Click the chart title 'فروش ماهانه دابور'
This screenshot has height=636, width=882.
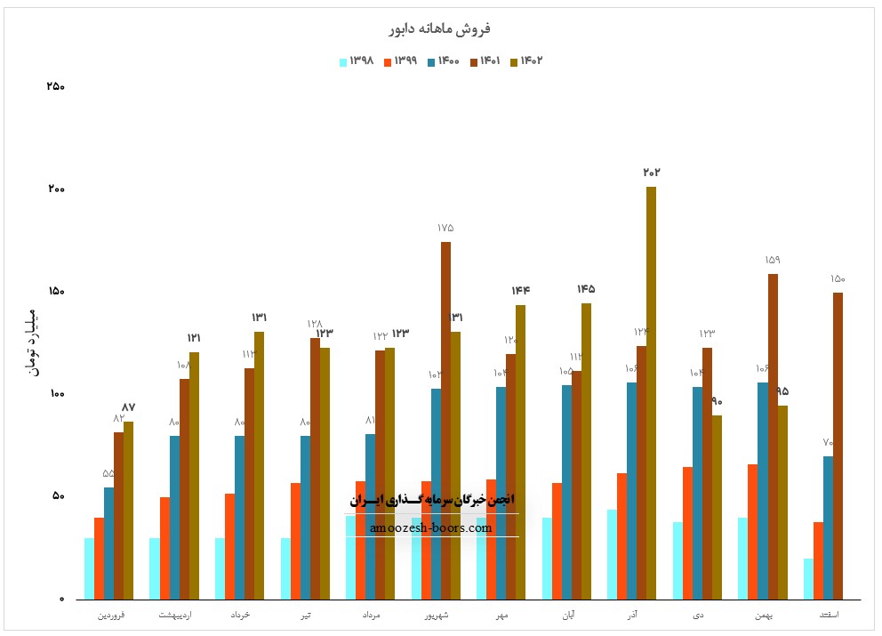[x=441, y=28]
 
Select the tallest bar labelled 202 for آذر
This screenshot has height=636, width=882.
[x=651, y=391]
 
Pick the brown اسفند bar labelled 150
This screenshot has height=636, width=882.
[x=838, y=445]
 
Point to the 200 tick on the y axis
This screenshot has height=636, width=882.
[x=55, y=189]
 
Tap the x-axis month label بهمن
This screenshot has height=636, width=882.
[x=764, y=615]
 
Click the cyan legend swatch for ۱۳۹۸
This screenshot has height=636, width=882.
[x=343, y=61]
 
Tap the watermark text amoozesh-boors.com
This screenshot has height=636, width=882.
[x=432, y=527]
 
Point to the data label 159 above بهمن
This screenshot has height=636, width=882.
[x=773, y=260]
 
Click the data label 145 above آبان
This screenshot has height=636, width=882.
[x=585, y=289]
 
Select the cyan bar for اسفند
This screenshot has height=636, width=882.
[x=808, y=578]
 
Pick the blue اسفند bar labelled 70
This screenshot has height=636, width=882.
[x=828, y=527]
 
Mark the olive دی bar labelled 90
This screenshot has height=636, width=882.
[x=717, y=507]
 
